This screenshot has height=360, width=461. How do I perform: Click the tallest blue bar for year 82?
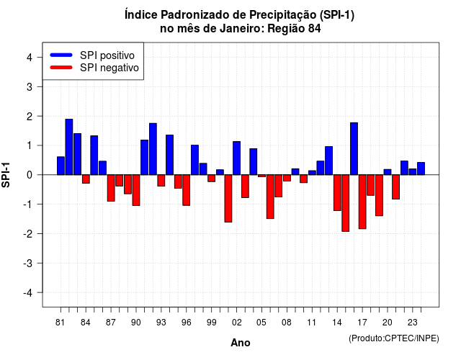(69, 147)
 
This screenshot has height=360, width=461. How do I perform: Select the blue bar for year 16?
(354, 149)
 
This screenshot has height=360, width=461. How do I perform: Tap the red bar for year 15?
(346, 203)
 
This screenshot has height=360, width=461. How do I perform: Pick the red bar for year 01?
(228, 199)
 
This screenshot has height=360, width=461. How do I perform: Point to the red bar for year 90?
(136, 190)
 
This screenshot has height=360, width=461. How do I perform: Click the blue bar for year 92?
(153, 149)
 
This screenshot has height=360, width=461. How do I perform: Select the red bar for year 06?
(270, 197)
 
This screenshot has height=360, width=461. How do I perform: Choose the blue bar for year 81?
(61, 166)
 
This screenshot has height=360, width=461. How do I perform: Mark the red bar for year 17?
(362, 202)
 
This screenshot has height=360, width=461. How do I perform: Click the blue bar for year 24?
(421, 168)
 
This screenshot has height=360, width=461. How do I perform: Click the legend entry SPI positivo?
(107, 55)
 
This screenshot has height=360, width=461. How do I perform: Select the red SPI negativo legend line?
(61, 67)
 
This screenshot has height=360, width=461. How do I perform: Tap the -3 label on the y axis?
(28, 263)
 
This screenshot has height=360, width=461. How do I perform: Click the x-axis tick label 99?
(211, 323)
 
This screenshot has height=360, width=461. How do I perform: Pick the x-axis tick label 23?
(413, 323)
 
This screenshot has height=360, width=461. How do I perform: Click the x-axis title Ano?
(241, 343)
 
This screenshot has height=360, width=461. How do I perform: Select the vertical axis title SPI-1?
(6, 175)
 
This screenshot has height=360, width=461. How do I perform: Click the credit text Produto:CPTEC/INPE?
(394, 338)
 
